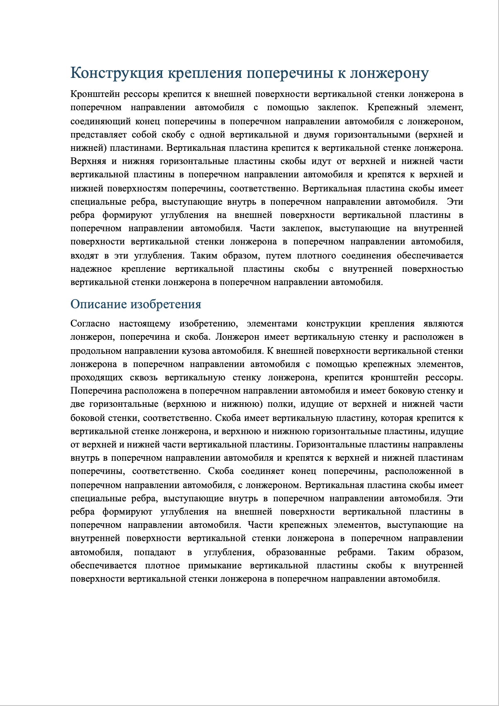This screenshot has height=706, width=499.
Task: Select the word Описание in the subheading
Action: pos(98,305)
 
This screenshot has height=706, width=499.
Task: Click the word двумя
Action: pos(312,135)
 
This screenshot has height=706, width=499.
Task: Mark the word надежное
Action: pos(91,269)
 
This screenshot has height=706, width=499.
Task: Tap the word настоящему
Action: pos(145,324)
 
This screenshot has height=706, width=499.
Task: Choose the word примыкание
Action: pos(215,566)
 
